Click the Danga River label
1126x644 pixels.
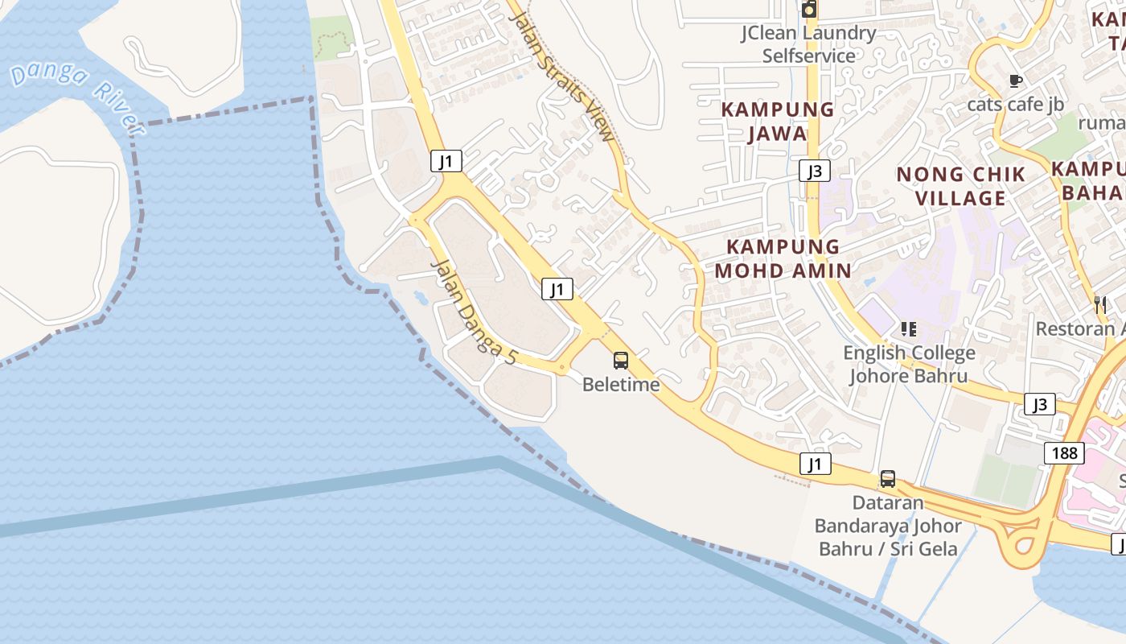(x=77, y=97)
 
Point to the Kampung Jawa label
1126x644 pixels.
(x=777, y=121)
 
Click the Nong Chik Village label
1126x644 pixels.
(x=961, y=186)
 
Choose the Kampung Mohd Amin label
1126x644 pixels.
(x=783, y=258)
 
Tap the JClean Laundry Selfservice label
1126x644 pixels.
(x=808, y=44)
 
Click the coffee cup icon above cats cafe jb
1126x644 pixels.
(x=1015, y=80)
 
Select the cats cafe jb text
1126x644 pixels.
(x=1015, y=104)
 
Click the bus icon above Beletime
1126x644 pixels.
(x=621, y=361)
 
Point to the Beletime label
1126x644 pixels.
(x=621, y=385)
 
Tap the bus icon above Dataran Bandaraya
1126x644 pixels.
(x=887, y=479)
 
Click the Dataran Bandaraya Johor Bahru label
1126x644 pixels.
(x=888, y=526)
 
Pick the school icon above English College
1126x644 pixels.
(x=909, y=328)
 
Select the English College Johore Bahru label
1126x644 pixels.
(x=909, y=364)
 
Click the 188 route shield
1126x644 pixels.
(x=1064, y=453)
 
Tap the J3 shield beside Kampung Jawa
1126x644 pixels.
(x=815, y=171)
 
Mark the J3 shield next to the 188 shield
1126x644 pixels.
(x=1040, y=404)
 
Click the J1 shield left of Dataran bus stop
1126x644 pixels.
(x=816, y=464)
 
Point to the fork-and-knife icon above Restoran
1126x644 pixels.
(x=1100, y=305)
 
